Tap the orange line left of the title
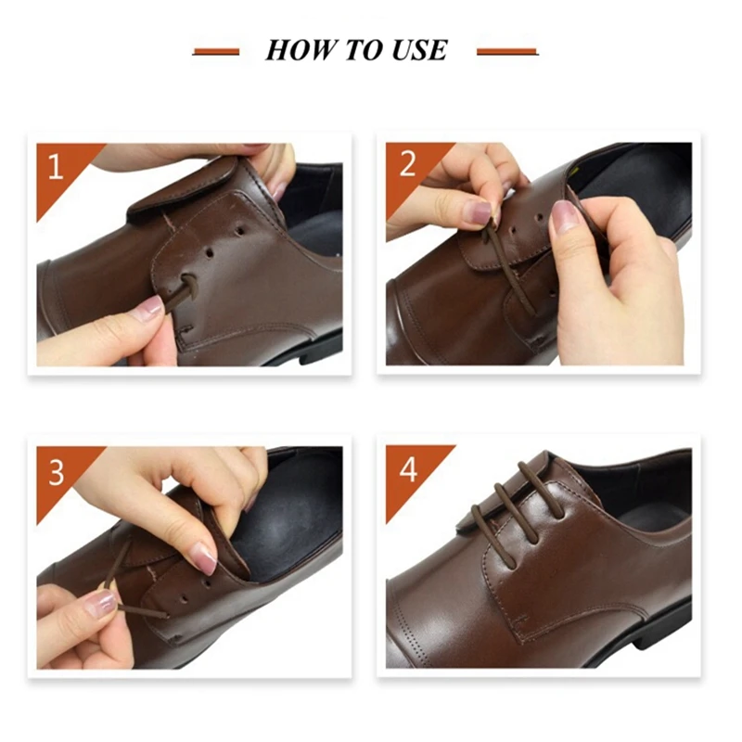click(216, 52)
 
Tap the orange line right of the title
click(506, 52)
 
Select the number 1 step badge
click(56, 168)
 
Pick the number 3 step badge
click(56, 472)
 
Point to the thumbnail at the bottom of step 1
click(148, 310)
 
